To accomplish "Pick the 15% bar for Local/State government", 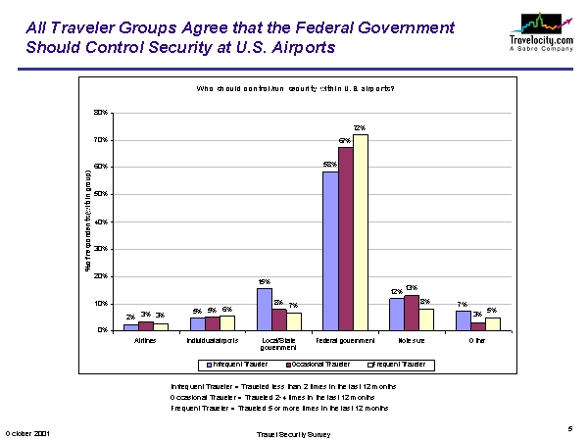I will [x=265, y=309].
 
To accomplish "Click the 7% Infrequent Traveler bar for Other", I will [x=463, y=319].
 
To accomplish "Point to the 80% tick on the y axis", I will [x=100, y=113].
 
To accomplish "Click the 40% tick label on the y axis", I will [x=100, y=221].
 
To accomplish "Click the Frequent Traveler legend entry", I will [x=398, y=364].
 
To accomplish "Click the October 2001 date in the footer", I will [x=27, y=432].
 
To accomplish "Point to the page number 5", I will [x=569, y=428].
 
